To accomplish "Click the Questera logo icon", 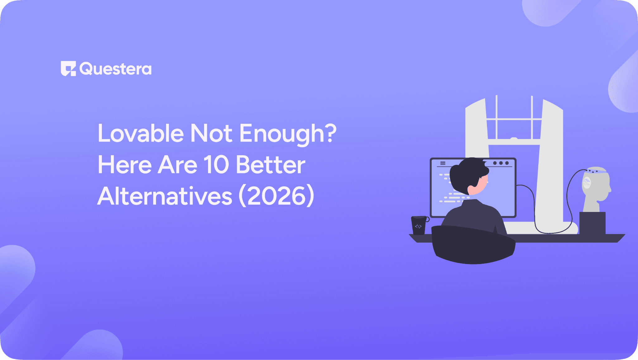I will [68, 68].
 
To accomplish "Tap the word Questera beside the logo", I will [116, 69].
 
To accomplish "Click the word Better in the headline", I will [270, 165].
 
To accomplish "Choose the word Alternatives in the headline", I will [165, 196].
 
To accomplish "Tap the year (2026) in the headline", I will [276, 196].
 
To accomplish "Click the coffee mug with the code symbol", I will [419, 225].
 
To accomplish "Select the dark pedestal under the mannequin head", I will [592, 223].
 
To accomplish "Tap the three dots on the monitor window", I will [501, 163].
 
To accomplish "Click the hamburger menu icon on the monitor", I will [443, 163].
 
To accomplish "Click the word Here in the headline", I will [125, 165].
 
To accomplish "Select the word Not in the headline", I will [211, 133].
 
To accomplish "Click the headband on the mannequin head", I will [597, 171].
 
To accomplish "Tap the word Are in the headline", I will [177, 165].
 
